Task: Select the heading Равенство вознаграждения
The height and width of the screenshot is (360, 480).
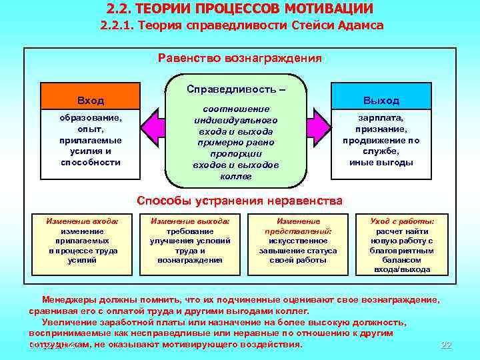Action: pyautogui.click(x=240, y=58)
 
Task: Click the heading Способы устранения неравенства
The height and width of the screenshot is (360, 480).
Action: pyautogui.click(x=240, y=201)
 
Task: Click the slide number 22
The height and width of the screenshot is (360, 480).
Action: pyautogui.click(x=447, y=345)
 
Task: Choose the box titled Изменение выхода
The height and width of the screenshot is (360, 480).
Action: pyautogui.click(x=190, y=241)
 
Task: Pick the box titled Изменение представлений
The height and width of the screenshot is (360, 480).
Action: pyautogui.click(x=298, y=241)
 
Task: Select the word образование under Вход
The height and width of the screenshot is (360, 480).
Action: pyautogui.click(x=91, y=118)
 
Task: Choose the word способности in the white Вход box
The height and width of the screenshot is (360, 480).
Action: pyautogui.click(x=91, y=162)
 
